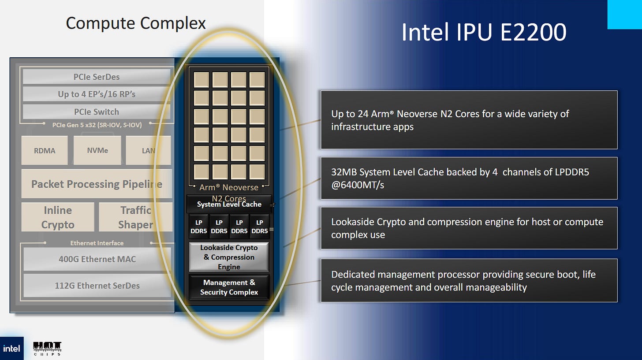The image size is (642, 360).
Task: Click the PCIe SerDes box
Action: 96,77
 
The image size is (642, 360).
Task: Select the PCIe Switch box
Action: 96,111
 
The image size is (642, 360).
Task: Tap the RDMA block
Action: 45,150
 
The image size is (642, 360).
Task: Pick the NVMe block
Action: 97,150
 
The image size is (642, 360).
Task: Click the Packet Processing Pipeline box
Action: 97,184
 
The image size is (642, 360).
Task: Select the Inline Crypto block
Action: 58,217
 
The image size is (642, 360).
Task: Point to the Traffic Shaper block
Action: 135,217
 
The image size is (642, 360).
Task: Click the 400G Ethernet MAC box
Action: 97,259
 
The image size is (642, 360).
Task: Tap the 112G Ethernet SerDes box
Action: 97,286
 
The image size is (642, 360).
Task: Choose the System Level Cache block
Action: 229,204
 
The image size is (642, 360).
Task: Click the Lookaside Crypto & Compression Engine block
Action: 229,257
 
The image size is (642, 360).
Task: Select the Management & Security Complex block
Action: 229,287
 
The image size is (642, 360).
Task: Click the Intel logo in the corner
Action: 11,349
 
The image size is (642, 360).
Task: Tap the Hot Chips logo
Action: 47,348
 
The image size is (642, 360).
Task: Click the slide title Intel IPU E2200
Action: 483,33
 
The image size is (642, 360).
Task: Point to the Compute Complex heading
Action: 136,23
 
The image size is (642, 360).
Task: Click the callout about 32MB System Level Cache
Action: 469,178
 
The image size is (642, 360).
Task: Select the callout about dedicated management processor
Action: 469,281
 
